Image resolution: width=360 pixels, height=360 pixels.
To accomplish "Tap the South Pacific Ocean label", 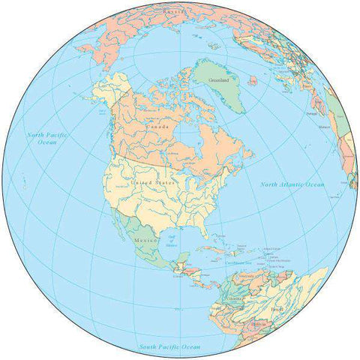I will [169, 347].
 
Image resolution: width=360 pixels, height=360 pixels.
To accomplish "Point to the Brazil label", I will [299, 309].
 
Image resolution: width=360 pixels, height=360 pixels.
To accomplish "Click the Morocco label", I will [325, 128].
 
